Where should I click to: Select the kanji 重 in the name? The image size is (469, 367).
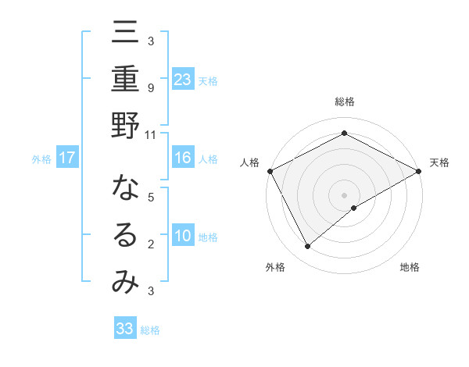point(125,80)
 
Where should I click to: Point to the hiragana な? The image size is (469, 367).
point(125,188)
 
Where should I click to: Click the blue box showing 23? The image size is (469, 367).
point(183,79)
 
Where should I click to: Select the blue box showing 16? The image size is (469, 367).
point(183,158)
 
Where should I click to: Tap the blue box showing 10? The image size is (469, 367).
point(183,236)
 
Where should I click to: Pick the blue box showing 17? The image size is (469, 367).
point(67,158)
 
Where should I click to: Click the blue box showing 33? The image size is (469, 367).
point(125,329)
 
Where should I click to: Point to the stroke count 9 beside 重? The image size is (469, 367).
point(151,88)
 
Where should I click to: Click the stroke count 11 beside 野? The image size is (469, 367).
point(151,135)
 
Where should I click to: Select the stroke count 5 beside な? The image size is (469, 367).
point(151,198)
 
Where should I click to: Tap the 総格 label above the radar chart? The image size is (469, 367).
point(345,102)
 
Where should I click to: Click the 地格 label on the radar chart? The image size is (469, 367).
point(410,267)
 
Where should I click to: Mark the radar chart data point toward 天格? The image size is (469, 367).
point(419,171)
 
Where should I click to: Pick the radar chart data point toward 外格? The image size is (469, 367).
point(308,247)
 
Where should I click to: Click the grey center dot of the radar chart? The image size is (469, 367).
point(345,194)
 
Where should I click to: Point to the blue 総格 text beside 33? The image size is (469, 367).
point(150,330)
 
